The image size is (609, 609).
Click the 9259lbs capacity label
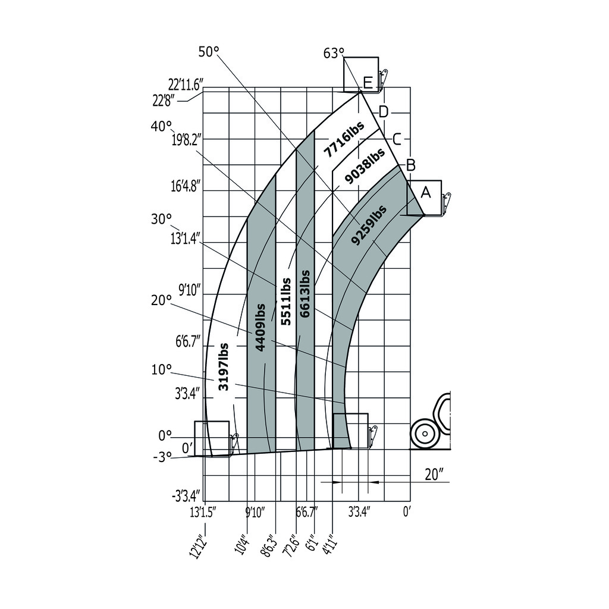tap(369, 225)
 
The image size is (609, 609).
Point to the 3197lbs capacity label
tap(224, 366)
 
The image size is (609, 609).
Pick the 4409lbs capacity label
tap(260, 328)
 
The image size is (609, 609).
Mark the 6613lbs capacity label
tap(305, 293)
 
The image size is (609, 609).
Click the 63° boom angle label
tap(334, 54)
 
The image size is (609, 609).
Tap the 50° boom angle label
tap(209, 52)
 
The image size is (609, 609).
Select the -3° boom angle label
tap(161, 456)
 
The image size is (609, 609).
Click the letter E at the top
tap(368, 83)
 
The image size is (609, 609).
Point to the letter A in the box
tap(425, 192)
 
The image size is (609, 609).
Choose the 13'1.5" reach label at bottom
tap(203, 511)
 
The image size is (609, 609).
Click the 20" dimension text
tap(435, 474)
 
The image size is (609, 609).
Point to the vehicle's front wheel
tap(425, 433)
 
